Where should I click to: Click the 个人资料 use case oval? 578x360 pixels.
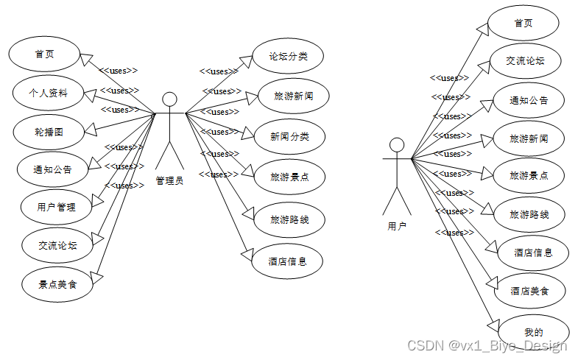(x=49, y=93)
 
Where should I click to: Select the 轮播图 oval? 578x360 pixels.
(x=49, y=132)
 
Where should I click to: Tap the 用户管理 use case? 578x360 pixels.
(x=56, y=207)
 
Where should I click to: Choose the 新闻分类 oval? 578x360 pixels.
(x=289, y=136)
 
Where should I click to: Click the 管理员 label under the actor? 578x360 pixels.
(x=169, y=180)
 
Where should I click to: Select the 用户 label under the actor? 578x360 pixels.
(x=397, y=226)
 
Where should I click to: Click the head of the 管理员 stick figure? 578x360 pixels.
(x=169, y=99)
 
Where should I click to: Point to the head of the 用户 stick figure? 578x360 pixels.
(x=397, y=144)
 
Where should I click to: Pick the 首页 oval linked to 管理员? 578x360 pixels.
(x=44, y=54)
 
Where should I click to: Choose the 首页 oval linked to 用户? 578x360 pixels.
(x=524, y=23)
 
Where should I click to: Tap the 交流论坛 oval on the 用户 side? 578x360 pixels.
(x=526, y=61)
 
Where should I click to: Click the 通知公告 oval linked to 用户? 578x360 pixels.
(x=529, y=100)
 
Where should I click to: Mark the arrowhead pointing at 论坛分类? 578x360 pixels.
(x=246, y=63)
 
